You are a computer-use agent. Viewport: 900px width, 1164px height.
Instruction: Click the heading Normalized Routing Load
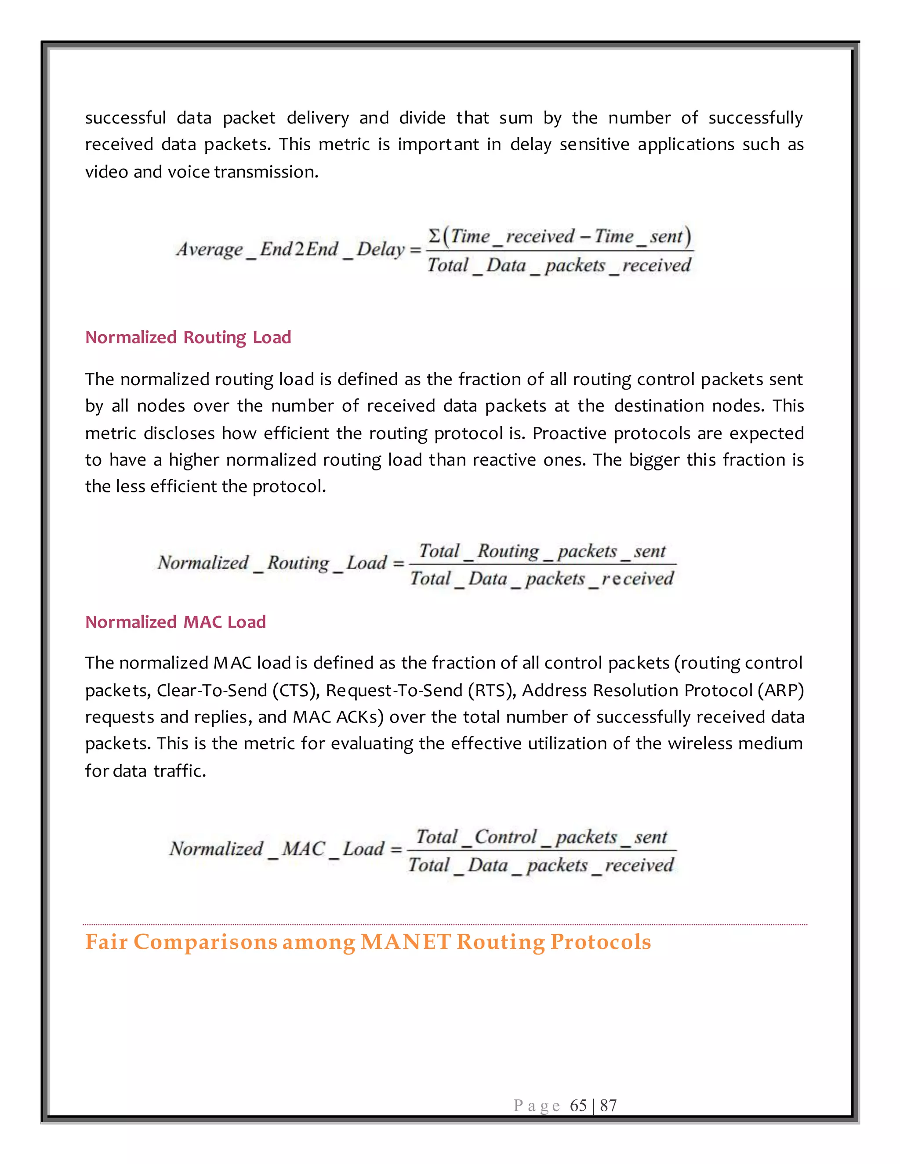188,337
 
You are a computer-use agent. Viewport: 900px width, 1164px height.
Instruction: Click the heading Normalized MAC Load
175,622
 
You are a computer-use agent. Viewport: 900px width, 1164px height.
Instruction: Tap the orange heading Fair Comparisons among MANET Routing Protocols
368,942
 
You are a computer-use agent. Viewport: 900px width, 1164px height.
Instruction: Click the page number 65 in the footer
578,1106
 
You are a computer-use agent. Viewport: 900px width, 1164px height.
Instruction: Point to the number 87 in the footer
608,1106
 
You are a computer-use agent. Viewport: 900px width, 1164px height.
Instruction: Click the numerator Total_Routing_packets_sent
542,551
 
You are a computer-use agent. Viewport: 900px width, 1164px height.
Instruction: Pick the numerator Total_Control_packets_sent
541,837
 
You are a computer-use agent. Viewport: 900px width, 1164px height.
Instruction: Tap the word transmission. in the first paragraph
266,172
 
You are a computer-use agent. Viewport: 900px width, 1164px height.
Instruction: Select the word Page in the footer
537,1106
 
